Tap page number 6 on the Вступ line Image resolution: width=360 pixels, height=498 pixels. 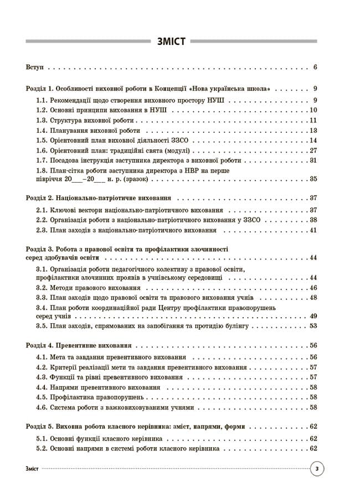tap(315, 68)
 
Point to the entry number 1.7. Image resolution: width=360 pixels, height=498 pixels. tap(42, 160)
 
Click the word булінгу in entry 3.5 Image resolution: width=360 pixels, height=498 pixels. tap(239, 326)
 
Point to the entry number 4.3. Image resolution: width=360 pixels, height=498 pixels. tap(42, 377)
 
